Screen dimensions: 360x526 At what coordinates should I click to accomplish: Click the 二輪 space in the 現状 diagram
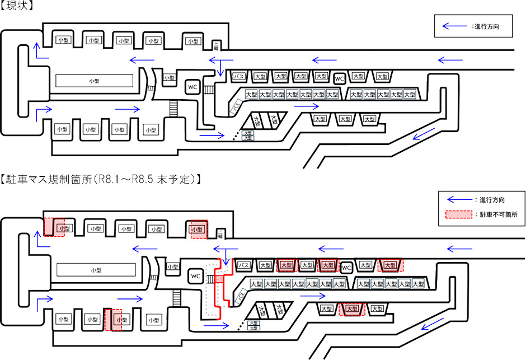click(216, 45)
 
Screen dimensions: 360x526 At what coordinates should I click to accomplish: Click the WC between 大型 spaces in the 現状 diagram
click(340, 78)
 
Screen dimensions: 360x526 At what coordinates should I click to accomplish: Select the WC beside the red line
click(195, 276)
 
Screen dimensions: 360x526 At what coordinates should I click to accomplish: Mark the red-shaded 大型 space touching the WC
click(328, 265)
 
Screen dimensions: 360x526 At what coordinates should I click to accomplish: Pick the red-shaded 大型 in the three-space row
click(353, 308)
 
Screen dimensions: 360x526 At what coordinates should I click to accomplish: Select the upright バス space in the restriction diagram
click(244, 265)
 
